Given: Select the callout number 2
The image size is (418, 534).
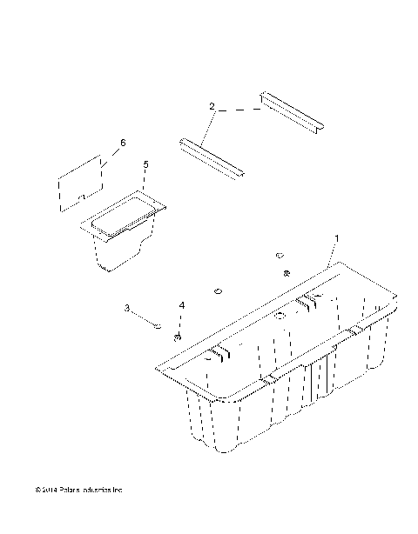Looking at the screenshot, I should [x=212, y=106].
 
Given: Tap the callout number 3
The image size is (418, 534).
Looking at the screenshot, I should [x=127, y=308].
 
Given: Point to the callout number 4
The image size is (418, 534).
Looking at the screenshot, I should [x=182, y=306].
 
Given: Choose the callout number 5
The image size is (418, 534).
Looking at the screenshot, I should [x=145, y=164].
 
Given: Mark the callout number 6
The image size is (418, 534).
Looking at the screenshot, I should [x=122, y=142].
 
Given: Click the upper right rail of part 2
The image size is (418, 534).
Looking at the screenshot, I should [x=292, y=112].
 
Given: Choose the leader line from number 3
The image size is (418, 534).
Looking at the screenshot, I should [x=141, y=317].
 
